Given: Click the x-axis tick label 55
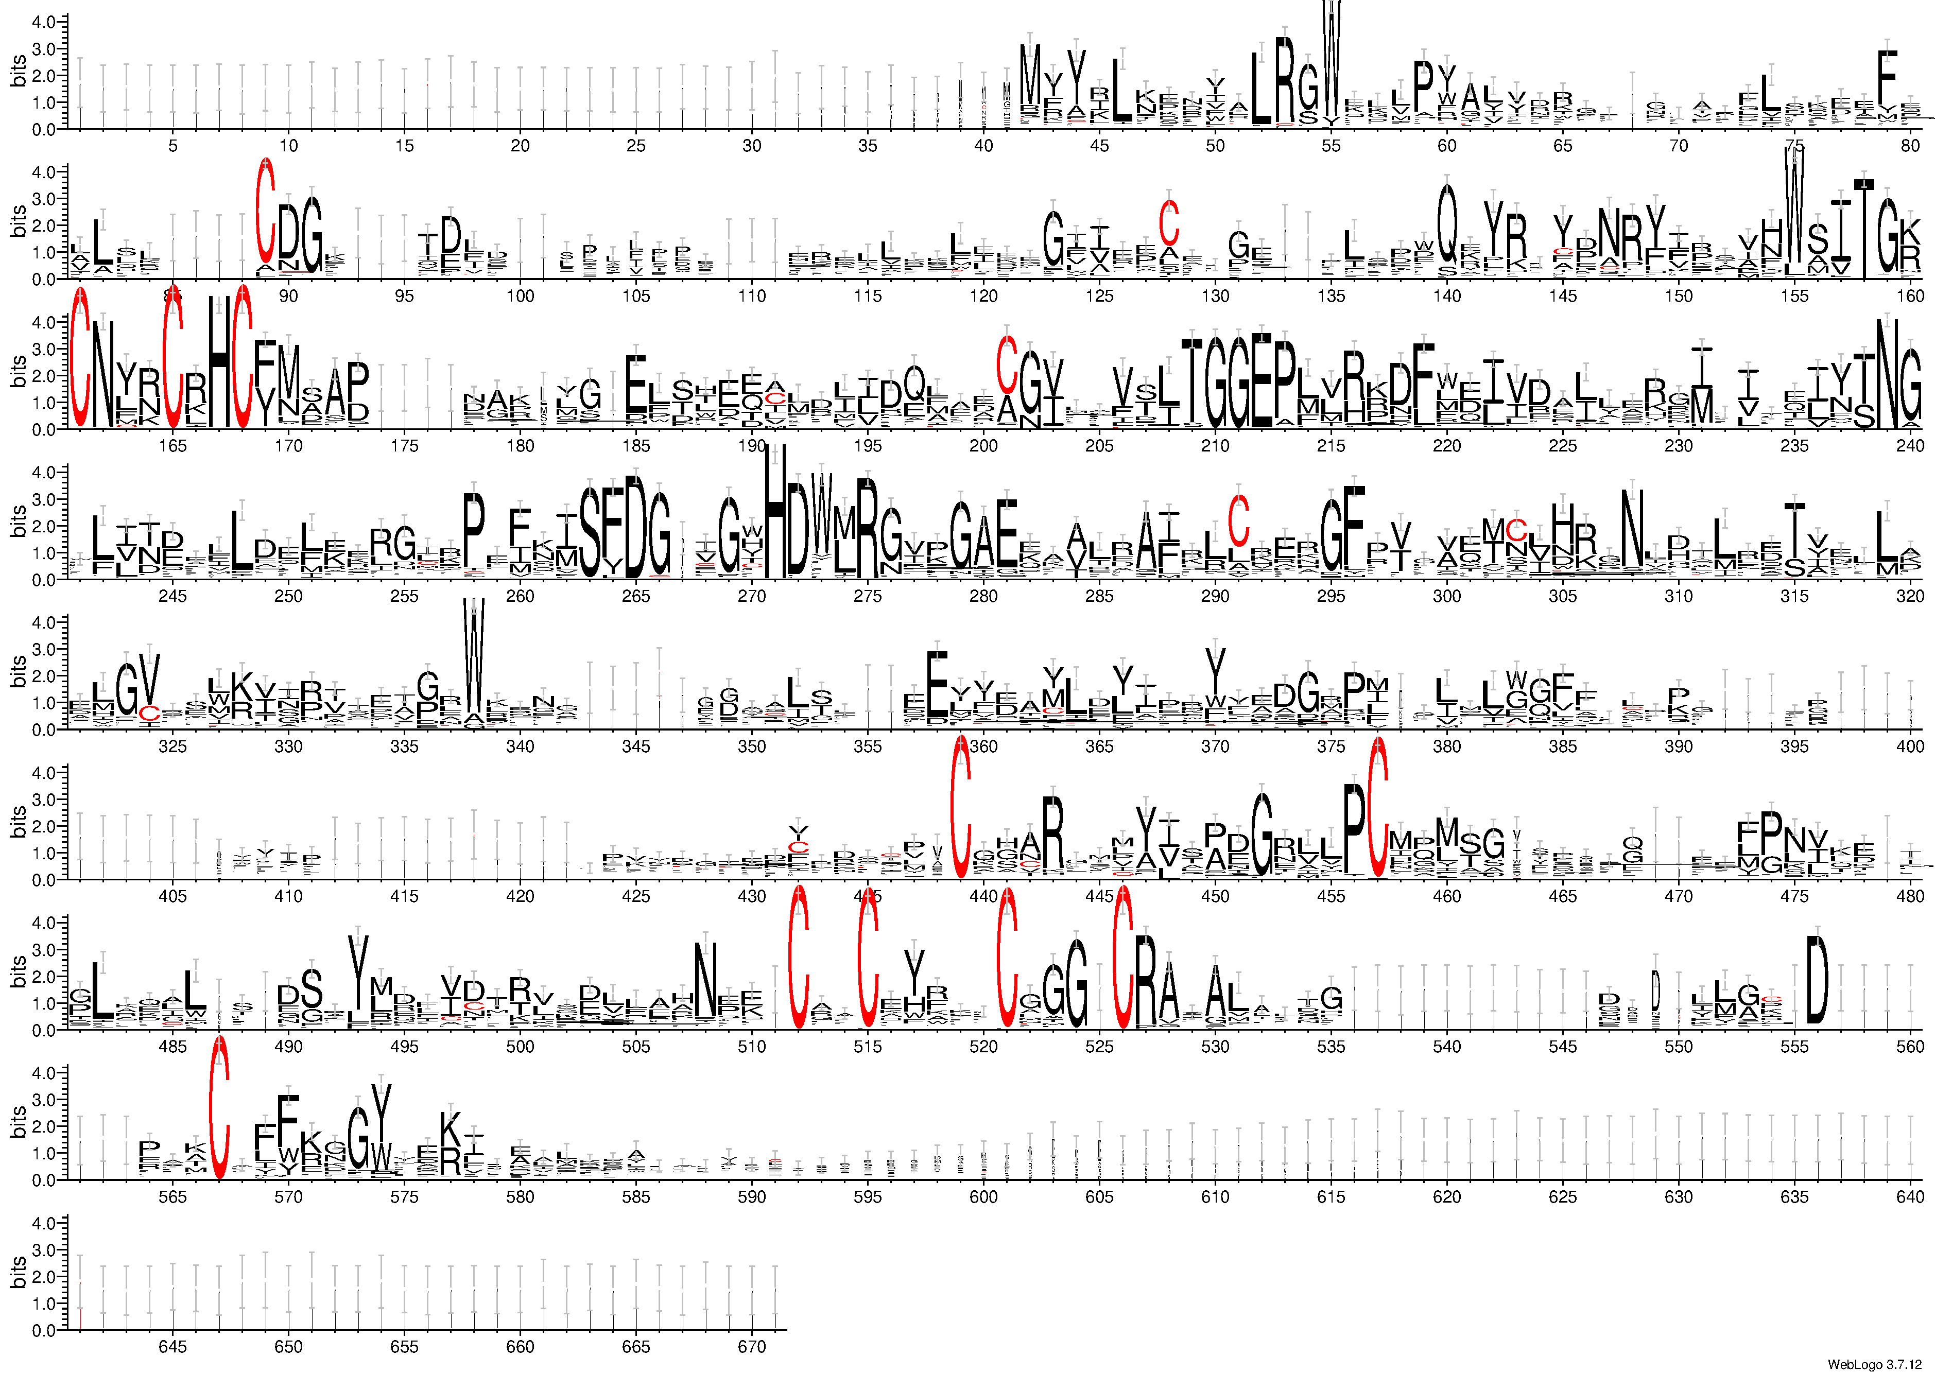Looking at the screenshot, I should coord(1331,145).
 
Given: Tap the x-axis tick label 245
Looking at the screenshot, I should coord(172,596).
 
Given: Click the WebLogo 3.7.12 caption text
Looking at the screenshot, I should coord(1878,1364).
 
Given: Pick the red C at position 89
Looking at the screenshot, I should coord(266,212).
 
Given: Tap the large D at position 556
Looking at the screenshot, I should coord(1817,981).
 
